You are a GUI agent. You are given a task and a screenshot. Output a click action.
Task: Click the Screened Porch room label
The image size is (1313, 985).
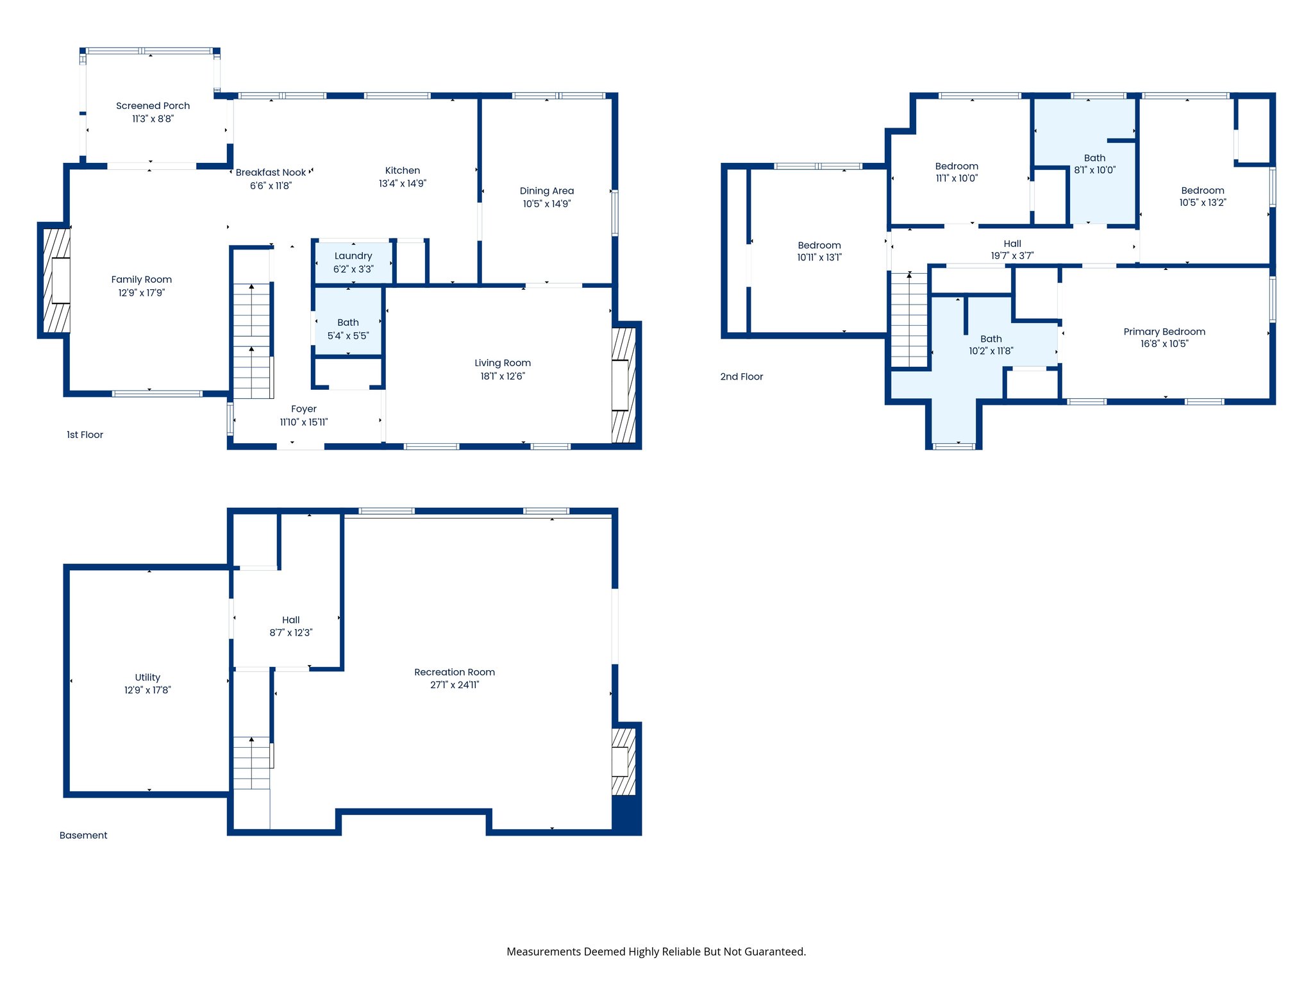[153, 106]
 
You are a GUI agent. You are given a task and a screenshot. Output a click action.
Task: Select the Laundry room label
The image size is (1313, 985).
[353, 256]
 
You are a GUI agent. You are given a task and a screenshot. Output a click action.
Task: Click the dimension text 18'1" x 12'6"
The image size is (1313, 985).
[502, 376]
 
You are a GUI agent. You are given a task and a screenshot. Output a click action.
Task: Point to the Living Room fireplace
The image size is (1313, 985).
[623, 385]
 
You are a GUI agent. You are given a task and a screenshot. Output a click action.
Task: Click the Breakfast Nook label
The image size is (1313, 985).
[271, 173]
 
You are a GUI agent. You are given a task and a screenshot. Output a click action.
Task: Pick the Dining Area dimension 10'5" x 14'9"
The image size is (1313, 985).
[546, 204]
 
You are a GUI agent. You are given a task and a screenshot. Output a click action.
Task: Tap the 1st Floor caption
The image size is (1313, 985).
[85, 435]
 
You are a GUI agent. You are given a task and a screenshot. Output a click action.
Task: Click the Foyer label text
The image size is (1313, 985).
[303, 409]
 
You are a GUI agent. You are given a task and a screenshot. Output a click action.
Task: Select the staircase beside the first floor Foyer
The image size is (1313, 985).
[252, 340]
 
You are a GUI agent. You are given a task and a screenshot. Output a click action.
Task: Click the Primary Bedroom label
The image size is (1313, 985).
[1164, 332]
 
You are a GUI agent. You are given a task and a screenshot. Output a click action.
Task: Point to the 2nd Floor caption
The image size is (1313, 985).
[741, 377]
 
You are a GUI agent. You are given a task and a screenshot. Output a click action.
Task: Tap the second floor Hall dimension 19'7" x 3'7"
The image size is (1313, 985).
[1012, 256]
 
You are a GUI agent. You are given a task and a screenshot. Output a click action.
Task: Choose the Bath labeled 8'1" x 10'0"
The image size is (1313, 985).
[1094, 158]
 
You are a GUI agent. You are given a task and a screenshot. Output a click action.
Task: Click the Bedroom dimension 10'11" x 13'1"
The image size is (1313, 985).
[819, 258]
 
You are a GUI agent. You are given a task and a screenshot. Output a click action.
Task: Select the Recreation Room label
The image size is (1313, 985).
[454, 672]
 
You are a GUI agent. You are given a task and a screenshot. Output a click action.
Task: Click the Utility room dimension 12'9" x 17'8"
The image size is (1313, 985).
[147, 690]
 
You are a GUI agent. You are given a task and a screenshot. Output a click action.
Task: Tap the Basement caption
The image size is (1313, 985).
[83, 836]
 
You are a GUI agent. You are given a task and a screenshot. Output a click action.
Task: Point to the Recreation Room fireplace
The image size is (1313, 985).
[623, 762]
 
